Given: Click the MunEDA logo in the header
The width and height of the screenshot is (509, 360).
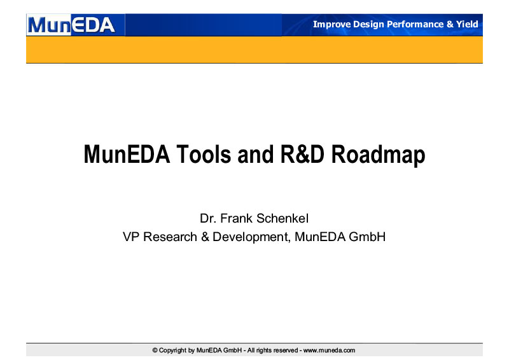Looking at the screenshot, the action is [71, 25].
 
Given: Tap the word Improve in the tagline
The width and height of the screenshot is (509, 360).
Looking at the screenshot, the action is [331, 24].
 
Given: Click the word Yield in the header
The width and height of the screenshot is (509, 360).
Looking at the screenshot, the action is [467, 24].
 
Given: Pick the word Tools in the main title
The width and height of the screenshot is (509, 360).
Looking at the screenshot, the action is [204, 154].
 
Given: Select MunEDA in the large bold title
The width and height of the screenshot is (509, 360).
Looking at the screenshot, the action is [127, 154].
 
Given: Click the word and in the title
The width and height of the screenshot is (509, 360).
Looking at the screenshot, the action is [256, 154].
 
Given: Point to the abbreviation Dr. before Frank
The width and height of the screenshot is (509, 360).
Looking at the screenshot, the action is [208, 218].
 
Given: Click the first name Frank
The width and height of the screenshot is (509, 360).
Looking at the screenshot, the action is [236, 218].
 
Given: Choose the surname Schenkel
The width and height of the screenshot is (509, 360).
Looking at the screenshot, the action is [282, 218].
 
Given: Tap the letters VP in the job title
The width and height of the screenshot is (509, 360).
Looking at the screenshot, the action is [131, 237].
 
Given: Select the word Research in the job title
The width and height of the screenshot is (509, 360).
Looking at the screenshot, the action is [170, 237].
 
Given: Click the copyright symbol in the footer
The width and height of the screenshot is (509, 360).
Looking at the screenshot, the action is [155, 350].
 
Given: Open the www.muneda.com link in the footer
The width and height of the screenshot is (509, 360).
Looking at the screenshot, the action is [329, 350].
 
